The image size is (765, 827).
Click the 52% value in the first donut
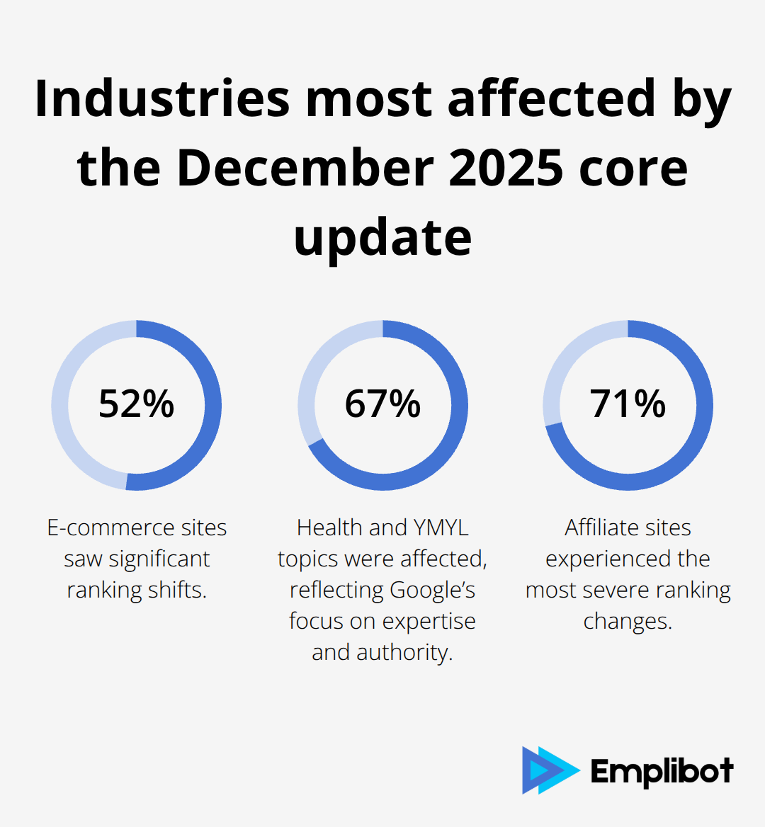[136, 404]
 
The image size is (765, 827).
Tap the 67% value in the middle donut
[382, 404]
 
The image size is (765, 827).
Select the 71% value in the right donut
[628, 404]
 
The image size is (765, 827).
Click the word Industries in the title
[162, 98]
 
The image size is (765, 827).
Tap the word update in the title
[382, 238]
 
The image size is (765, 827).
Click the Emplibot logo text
[662, 771]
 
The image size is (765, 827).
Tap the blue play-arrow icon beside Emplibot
[548, 770]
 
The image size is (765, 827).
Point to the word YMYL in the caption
[440, 527]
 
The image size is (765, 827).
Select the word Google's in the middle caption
[432, 590]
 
